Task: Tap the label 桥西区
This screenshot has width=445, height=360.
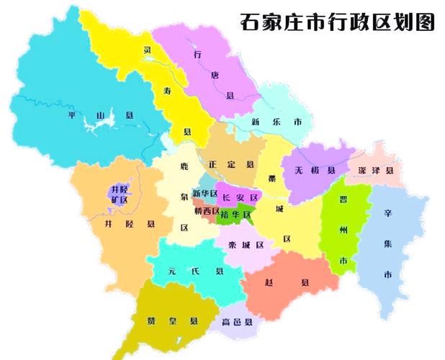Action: click(206, 212)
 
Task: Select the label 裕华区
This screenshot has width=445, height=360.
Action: click(238, 215)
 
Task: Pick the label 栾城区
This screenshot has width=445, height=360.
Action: click(247, 245)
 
